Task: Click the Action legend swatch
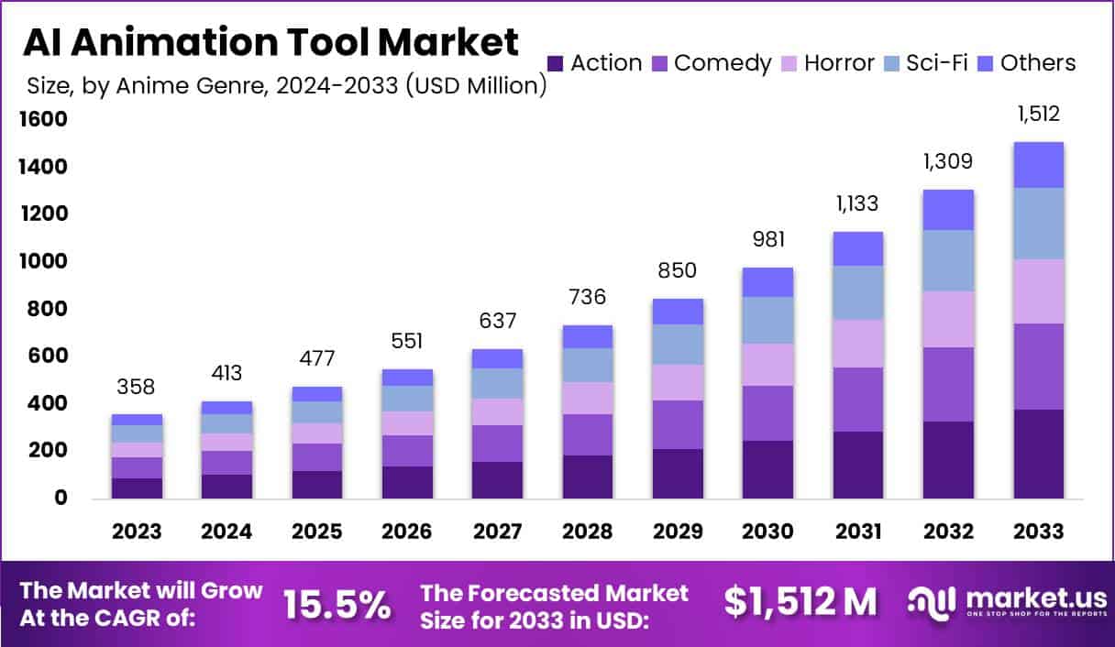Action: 555,63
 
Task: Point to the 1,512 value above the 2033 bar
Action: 1038,115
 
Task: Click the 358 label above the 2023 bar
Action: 137,387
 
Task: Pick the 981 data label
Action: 769,239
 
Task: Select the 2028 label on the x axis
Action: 589,532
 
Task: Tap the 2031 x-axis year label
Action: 858,532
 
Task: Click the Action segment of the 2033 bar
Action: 1038,454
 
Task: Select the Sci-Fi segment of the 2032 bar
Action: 948,260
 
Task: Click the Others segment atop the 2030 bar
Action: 768,282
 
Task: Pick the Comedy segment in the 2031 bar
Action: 858,400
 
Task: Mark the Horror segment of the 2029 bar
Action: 679,382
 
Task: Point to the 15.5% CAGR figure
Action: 337,604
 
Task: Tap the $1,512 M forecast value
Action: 800,602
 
